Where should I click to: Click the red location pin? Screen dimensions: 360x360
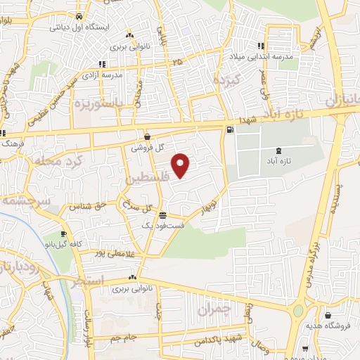(x=182, y=165)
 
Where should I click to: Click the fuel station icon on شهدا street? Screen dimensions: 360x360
(x=230, y=130)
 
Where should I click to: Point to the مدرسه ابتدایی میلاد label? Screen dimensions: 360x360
(x=262, y=56)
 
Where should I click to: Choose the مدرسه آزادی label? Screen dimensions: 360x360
(x=103, y=74)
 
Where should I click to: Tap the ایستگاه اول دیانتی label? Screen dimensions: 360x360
(x=78, y=27)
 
